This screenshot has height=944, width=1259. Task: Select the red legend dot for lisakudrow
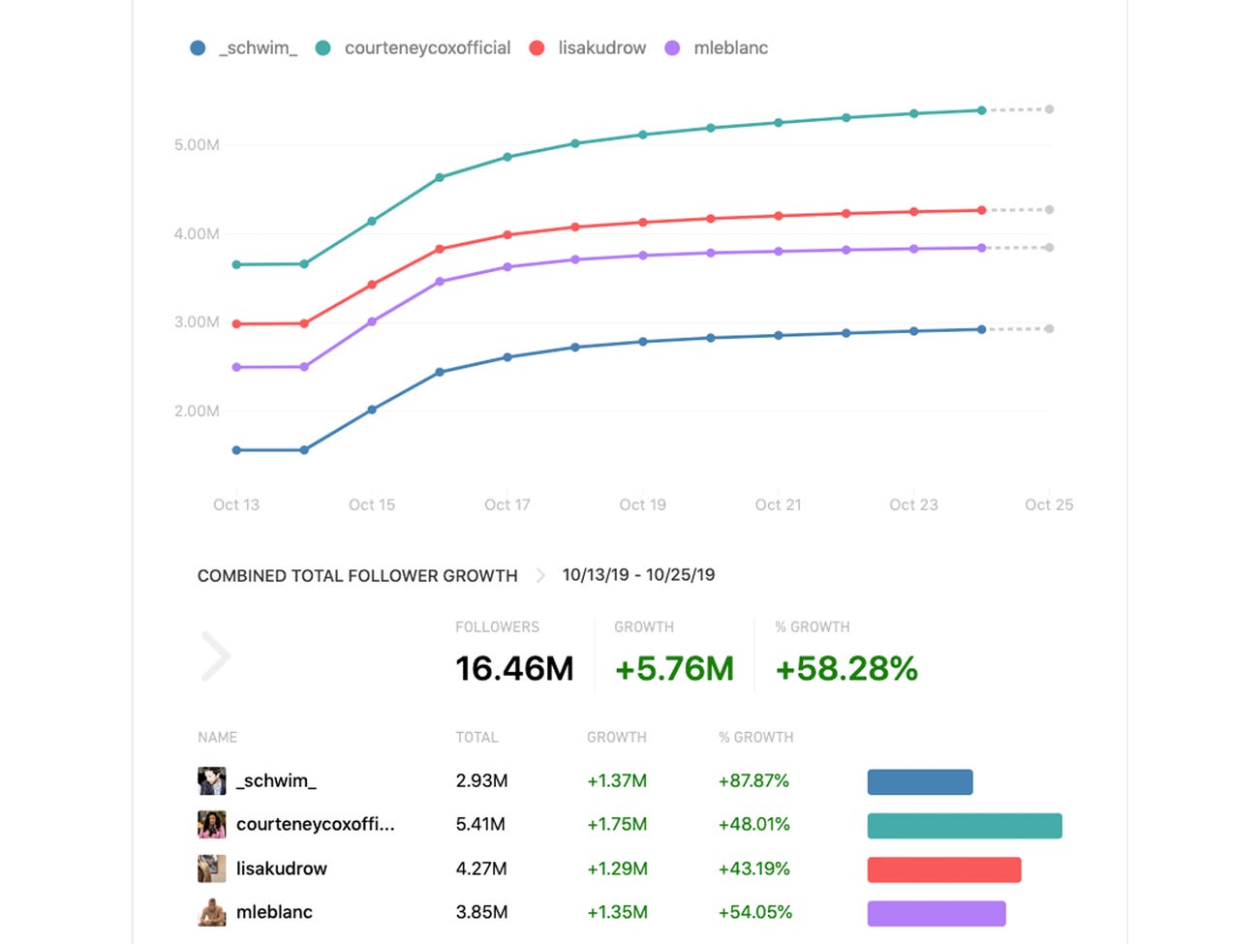tap(537, 48)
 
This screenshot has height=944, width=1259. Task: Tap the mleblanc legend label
tap(730, 48)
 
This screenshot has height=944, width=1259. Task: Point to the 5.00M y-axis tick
tap(197, 145)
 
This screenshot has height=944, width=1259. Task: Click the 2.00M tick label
tap(197, 411)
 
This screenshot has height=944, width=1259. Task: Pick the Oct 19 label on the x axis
tap(643, 504)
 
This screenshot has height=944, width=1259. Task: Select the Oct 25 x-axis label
tap(1049, 504)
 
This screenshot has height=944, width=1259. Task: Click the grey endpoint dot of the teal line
tap(1050, 109)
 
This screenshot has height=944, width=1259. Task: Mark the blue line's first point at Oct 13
tap(237, 450)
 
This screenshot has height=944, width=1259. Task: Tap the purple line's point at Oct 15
tap(372, 321)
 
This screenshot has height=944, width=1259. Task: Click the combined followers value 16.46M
tap(514, 669)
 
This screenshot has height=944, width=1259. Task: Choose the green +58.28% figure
tap(846, 669)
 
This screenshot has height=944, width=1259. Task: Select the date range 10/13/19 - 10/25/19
tap(638, 575)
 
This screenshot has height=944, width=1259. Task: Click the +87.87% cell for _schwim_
tap(753, 780)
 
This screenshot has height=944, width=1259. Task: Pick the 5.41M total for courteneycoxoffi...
tap(480, 825)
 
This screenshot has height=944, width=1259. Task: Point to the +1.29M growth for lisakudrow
tap(617, 868)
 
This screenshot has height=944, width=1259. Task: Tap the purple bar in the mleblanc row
tap(937, 913)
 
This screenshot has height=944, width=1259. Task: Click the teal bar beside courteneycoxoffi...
tap(965, 826)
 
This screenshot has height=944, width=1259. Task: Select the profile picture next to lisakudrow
tap(211, 868)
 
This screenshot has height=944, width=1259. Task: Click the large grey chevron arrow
tap(216, 656)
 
